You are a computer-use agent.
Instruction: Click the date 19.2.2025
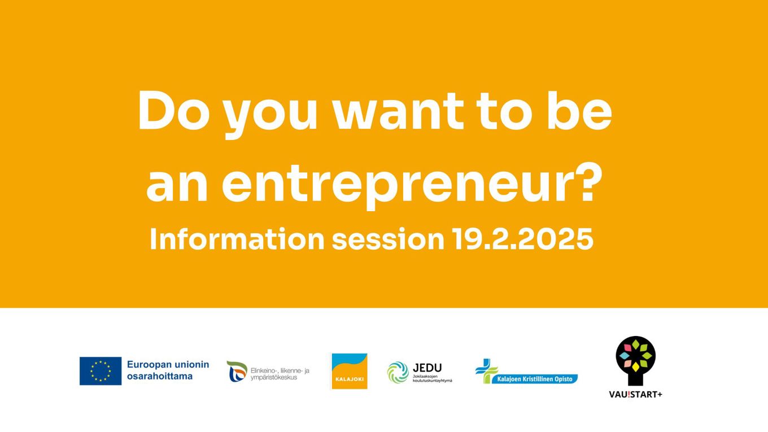(523, 239)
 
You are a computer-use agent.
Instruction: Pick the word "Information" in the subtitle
(237, 239)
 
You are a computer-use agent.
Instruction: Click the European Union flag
(101, 371)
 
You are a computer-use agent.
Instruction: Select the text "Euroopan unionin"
(168, 365)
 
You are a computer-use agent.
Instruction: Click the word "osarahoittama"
(160, 376)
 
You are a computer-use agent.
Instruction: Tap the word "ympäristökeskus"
(274, 377)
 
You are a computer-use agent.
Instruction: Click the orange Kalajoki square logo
(349, 371)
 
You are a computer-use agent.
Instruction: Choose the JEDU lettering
(427, 368)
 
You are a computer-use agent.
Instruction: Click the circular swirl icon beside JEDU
(398, 372)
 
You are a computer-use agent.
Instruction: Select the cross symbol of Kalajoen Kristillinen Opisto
(486, 370)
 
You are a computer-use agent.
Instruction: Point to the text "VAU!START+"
(635, 394)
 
